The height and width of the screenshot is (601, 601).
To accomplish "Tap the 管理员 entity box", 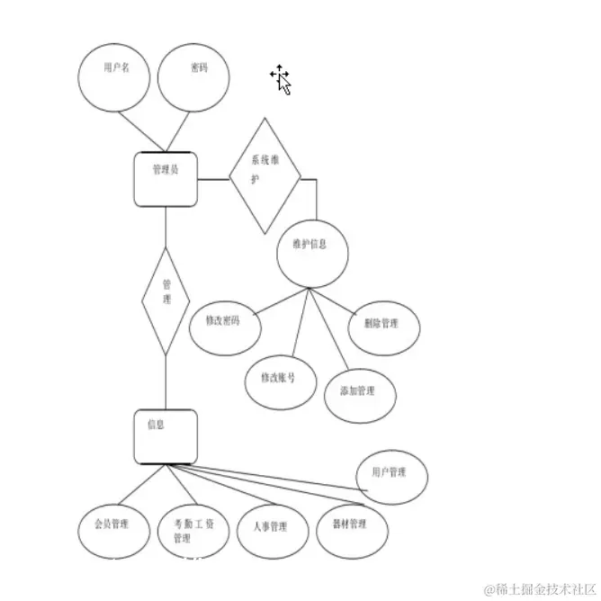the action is pyautogui.click(x=166, y=178).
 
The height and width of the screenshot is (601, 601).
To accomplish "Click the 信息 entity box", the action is pyautogui.click(x=165, y=436).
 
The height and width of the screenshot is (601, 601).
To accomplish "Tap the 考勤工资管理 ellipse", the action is pyautogui.click(x=192, y=531).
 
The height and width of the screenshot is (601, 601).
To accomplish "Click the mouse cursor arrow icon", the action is pyautogui.click(x=282, y=81).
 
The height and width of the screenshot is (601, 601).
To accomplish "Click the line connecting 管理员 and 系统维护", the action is pyautogui.click(x=212, y=179).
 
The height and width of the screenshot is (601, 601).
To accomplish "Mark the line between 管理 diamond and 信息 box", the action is pyautogui.click(x=166, y=382).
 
